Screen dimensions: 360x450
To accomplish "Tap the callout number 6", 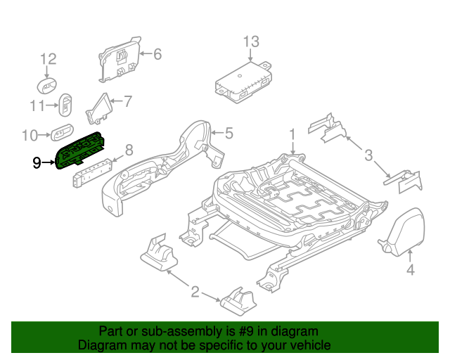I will click(x=157, y=54).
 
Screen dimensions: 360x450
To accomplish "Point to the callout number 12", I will click(x=47, y=59).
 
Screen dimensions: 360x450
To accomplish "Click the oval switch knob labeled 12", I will click(x=48, y=86).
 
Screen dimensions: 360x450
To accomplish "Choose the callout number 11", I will click(x=37, y=105).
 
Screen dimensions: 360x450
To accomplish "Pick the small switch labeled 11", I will click(x=66, y=105).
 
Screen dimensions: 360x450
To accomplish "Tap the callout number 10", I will click(x=30, y=134).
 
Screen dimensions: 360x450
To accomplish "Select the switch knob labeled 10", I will click(x=60, y=131).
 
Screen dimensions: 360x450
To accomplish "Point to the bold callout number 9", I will click(x=37, y=163).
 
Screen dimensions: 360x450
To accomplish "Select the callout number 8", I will click(x=129, y=149).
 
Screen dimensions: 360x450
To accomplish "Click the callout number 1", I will click(x=292, y=134).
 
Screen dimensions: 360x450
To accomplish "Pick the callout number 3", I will click(x=368, y=155).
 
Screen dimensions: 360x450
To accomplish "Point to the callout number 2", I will click(x=195, y=291).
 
